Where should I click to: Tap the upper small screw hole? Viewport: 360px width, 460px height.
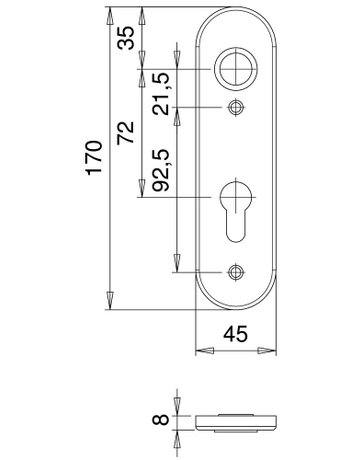point(236,108)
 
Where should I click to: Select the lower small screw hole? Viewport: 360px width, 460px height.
point(236,270)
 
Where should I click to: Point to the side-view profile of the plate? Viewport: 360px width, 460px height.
point(236,420)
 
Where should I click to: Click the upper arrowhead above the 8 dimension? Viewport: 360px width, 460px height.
point(178,405)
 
